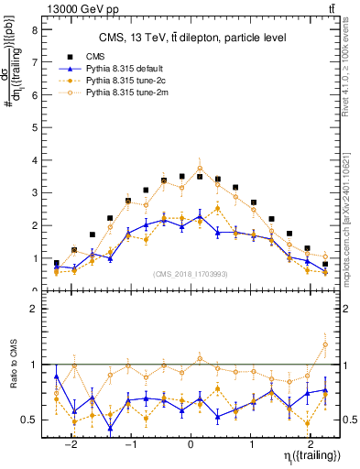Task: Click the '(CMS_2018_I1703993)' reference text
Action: [x=191, y=274]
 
